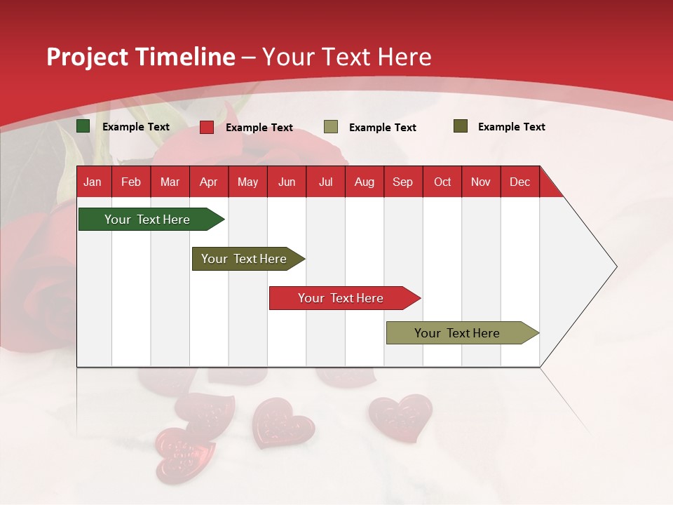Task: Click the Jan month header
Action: (93, 182)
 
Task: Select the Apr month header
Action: (208, 182)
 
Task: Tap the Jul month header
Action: (325, 182)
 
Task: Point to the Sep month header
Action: (402, 182)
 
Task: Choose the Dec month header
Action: (519, 182)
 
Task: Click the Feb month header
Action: (131, 182)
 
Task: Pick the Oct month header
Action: (442, 182)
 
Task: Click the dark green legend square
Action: (83, 126)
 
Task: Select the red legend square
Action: (207, 127)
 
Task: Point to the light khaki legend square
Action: (331, 127)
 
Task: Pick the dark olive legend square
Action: (461, 126)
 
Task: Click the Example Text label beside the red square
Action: (259, 128)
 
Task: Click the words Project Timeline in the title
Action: (141, 57)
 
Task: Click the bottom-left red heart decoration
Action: (184, 452)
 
